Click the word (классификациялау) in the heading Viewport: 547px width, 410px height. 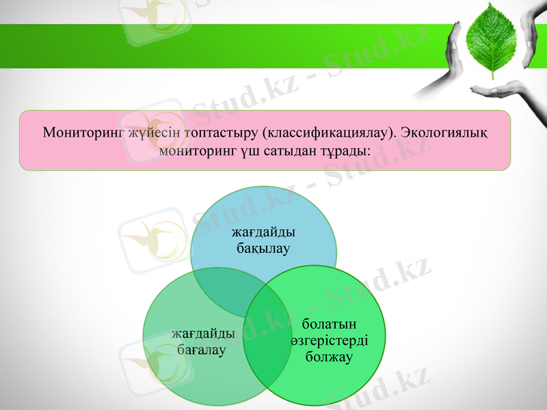tap(319, 132)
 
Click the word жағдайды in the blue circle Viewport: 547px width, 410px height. tap(263, 233)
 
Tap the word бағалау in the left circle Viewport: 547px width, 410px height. tap(203, 350)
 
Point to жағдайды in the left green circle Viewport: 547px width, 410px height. tap(203, 334)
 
